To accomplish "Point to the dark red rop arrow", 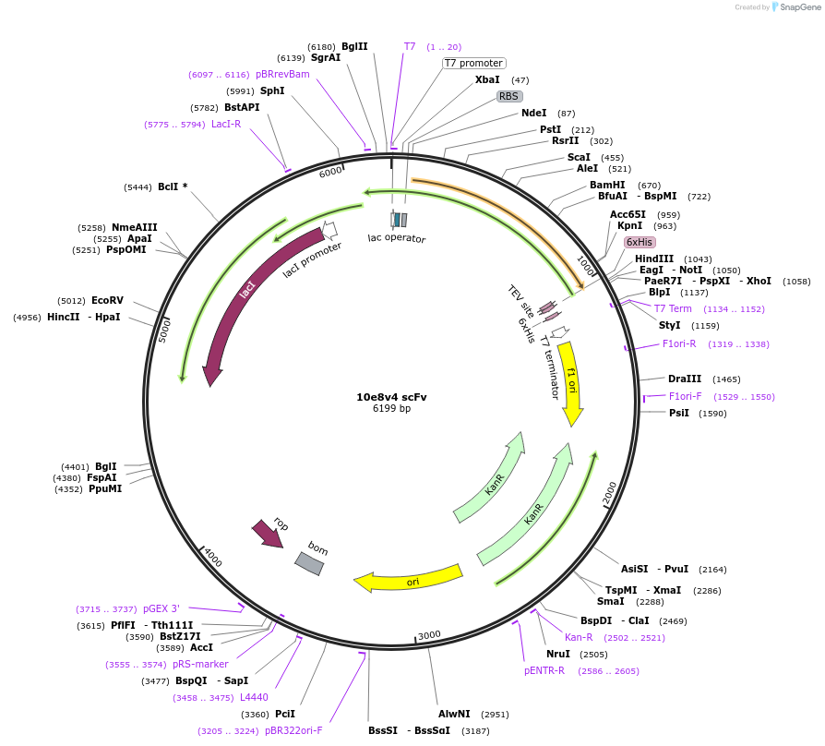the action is click(x=269, y=534).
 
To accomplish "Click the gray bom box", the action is click(x=309, y=563).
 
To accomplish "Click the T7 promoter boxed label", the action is click(x=474, y=63).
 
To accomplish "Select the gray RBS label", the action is click(x=509, y=96).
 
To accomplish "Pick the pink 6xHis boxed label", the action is click(x=640, y=242).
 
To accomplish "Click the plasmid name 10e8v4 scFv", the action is click(x=391, y=397).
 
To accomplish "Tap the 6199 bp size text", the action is click(x=391, y=408).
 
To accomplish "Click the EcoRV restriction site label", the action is click(x=107, y=300).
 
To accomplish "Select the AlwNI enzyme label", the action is click(x=454, y=714).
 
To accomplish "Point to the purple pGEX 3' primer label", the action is click(x=161, y=608).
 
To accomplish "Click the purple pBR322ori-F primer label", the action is click(x=293, y=730).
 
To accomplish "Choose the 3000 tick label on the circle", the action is click(x=429, y=635).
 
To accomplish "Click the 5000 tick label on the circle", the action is click(x=164, y=331).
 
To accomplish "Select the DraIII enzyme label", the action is click(x=685, y=379).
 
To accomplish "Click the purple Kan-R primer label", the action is click(x=579, y=638).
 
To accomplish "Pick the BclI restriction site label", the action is click(x=168, y=186).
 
